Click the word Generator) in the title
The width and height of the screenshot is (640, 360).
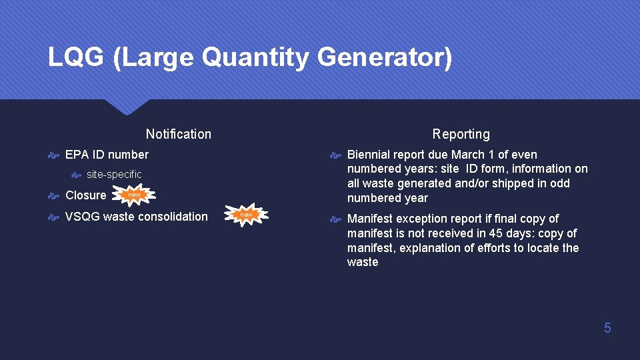pyautogui.click(x=385, y=57)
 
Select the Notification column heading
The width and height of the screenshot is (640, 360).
pyautogui.click(x=178, y=134)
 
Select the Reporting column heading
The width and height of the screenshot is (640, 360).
pyautogui.click(x=461, y=134)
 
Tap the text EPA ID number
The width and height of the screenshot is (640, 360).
pyautogui.click(x=107, y=155)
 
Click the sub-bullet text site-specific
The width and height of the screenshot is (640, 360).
pyautogui.click(x=114, y=175)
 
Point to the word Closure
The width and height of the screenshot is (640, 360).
pyautogui.click(x=85, y=195)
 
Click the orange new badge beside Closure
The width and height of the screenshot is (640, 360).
pyautogui.click(x=135, y=195)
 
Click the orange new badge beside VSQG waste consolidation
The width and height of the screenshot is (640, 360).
pyautogui.click(x=246, y=215)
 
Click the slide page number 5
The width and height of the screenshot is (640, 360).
pyautogui.click(x=607, y=327)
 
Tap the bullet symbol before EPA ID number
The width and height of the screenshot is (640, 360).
pyautogui.click(x=53, y=155)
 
